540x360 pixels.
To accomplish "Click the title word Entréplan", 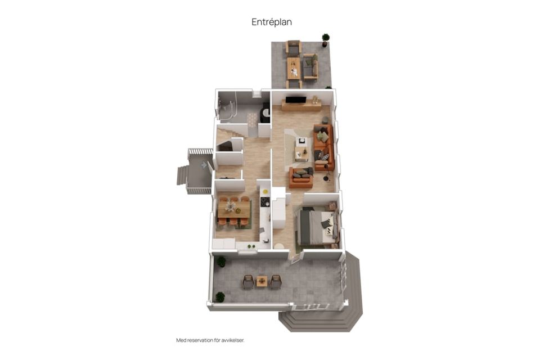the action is pyautogui.click(x=272, y=22).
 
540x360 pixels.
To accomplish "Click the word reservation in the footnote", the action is pyautogui.click(x=199, y=340).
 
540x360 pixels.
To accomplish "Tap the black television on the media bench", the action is pyautogui.click(x=295, y=100).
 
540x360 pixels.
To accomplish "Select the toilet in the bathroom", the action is pyautogui.click(x=265, y=113).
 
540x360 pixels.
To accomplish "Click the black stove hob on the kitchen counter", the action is pyautogui.click(x=265, y=201).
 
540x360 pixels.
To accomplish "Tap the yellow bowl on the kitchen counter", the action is pyautogui.click(x=265, y=192).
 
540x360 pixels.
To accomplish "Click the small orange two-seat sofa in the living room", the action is pyautogui.click(x=301, y=177).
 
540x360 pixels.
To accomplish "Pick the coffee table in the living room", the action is pyautogui.click(x=302, y=154).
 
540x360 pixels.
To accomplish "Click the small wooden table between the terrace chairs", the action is pyautogui.click(x=262, y=282).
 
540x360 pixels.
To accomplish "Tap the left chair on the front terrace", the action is pyautogui.click(x=248, y=281).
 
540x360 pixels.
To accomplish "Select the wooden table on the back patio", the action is pyautogui.click(x=294, y=68).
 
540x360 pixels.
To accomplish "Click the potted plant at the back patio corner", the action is pyautogui.click(x=326, y=39).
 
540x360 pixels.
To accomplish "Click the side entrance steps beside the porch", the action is pyautogui.click(x=182, y=175).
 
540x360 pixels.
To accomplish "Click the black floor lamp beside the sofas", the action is pyautogui.click(x=326, y=173).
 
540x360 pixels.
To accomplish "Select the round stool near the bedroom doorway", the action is pyautogui.click(x=279, y=246).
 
